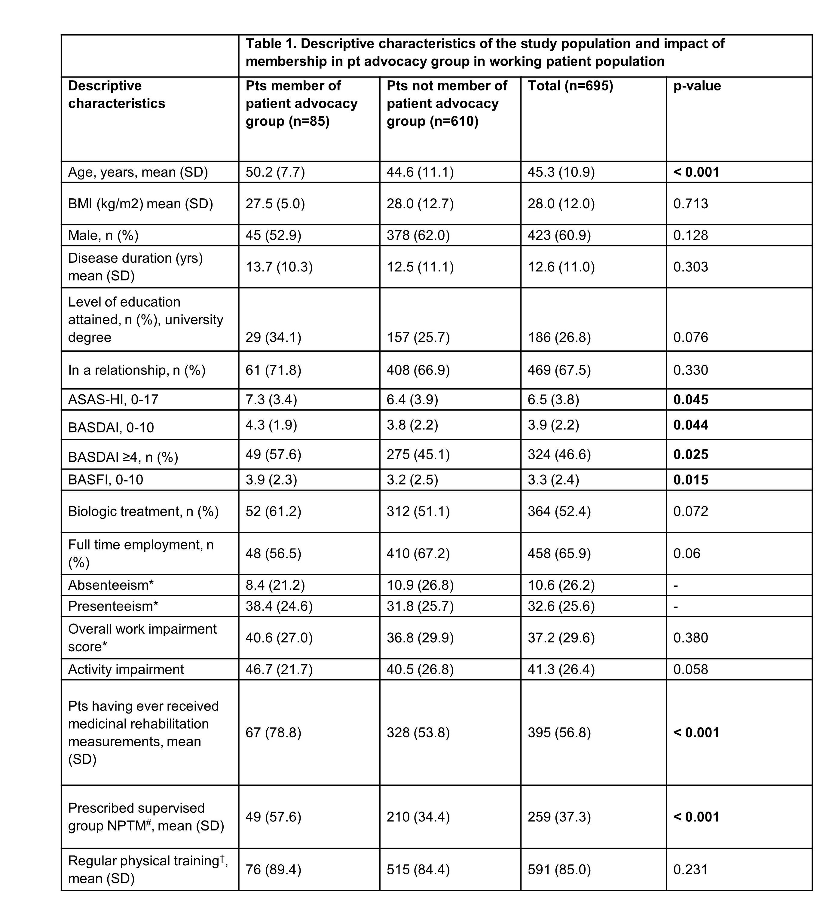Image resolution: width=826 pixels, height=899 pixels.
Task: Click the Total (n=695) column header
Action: (570, 86)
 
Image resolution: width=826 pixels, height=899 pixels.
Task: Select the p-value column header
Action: (697, 86)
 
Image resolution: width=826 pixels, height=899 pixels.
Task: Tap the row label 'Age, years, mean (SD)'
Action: (138, 172)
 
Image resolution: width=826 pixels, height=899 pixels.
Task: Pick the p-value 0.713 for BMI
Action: (690, 204)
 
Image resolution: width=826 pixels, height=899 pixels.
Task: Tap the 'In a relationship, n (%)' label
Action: (136, 370)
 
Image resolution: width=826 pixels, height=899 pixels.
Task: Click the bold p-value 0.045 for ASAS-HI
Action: (690, 400)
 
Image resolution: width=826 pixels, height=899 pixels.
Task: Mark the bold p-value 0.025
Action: (690, 455)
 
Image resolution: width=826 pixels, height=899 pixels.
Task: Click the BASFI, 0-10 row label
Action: (106, 480)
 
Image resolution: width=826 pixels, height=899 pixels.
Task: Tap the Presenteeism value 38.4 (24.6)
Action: (279, 606)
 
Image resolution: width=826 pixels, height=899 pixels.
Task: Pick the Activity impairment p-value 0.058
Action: (690, 669)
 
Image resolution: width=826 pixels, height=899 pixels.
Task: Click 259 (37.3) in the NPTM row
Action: (559, 817)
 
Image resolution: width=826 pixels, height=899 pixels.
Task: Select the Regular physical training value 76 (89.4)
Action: (273, 870)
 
